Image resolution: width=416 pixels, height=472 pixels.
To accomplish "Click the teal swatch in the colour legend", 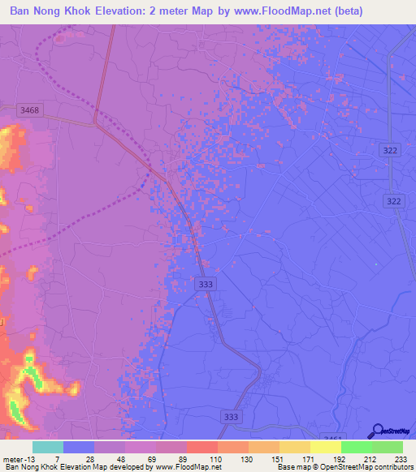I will tap(48, 447).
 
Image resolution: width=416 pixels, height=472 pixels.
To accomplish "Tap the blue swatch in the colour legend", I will tap(79, 447).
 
